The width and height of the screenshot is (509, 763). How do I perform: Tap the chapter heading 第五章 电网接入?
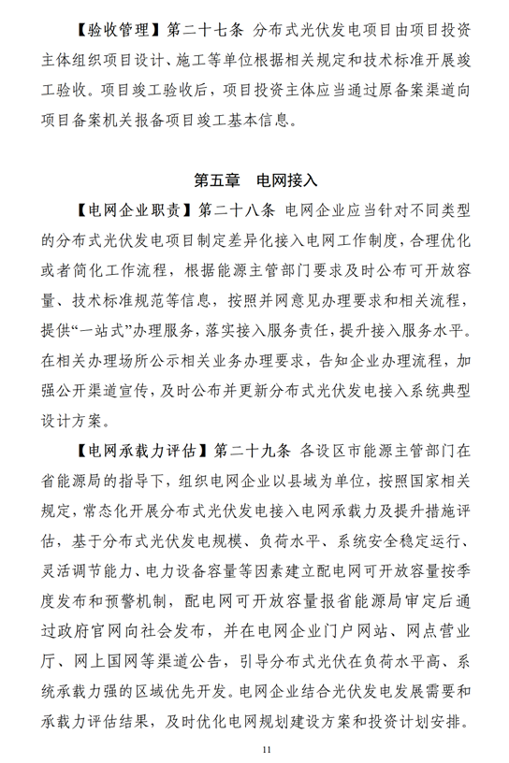click(x=254, y=178)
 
